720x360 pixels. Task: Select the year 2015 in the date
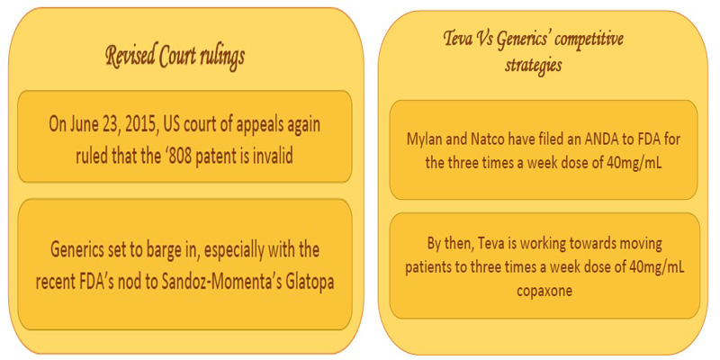point(139,126)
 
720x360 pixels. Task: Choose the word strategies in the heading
point(533,66)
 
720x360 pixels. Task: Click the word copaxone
point(544,292)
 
